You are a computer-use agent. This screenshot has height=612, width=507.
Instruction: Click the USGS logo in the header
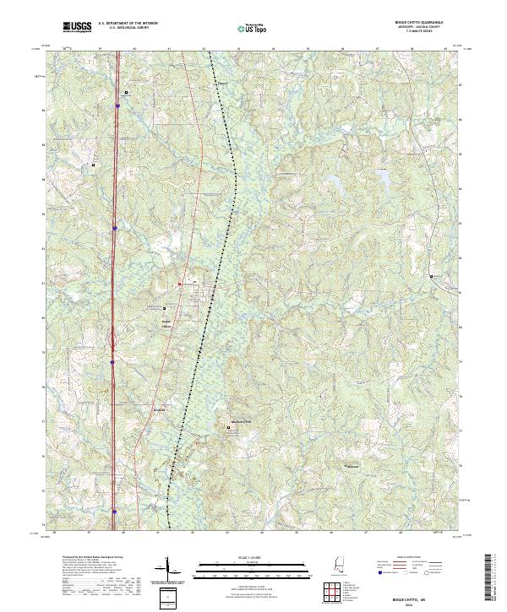(78, 27)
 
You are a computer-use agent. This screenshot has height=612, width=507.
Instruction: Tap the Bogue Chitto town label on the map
(166, 323)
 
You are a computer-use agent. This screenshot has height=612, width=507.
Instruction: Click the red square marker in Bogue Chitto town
(180, 284)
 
